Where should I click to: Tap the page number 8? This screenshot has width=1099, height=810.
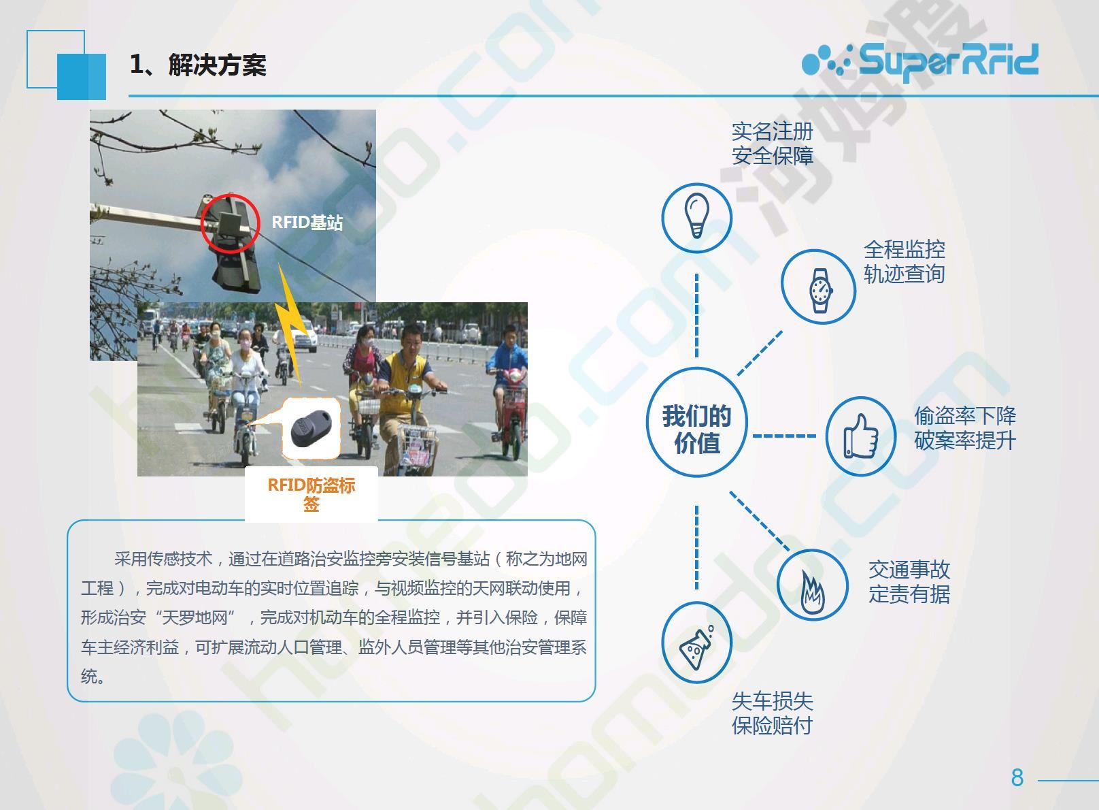coord(1017,777)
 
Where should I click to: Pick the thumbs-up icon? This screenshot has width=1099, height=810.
coord(860,436)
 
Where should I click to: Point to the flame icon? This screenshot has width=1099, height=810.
coord(813,590)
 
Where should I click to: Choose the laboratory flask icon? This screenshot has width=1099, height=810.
coord(696,647)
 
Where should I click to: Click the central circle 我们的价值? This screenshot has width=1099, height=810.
coord(696,422)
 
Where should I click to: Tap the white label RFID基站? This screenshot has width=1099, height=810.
coord(307,223)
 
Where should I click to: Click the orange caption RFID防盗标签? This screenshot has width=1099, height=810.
coord(311,494)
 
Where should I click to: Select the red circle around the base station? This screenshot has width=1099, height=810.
coord(230,223)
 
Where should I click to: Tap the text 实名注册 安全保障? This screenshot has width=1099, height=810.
coord(773,144)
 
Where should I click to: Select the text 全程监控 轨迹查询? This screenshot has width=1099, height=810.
coord(904,261)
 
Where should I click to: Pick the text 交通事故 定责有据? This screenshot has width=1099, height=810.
coord(909,582)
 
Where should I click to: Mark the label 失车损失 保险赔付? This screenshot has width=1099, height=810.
coord(773,713)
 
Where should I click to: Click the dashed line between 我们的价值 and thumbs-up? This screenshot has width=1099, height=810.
coord(784,436)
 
